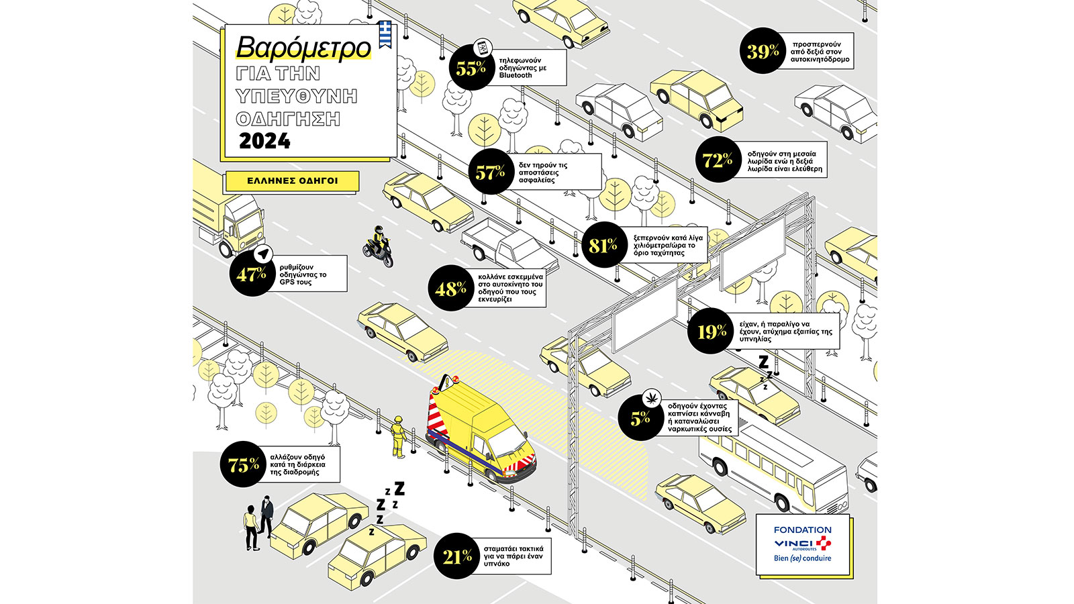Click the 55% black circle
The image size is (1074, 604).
click(471, 68)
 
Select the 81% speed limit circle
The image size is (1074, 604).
click(603, 245)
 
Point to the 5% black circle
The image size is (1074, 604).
click(640, 418)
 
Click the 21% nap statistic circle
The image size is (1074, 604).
click(456, 556)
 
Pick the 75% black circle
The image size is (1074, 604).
click(243, 464)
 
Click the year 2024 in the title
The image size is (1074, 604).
click(264, 141)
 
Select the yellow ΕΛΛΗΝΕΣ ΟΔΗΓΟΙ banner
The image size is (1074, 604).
click(293, 181)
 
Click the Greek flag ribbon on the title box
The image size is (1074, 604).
click(385, 34)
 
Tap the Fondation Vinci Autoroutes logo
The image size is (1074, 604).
click(803, 544)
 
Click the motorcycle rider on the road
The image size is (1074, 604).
click(379, 247)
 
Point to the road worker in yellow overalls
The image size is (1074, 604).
click(398, 437)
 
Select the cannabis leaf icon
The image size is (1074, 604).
click(652, 398)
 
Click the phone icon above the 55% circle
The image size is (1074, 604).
click(483, 48)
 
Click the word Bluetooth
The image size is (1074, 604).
click(516, 75)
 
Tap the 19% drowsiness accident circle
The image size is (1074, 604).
click(711, 331)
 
